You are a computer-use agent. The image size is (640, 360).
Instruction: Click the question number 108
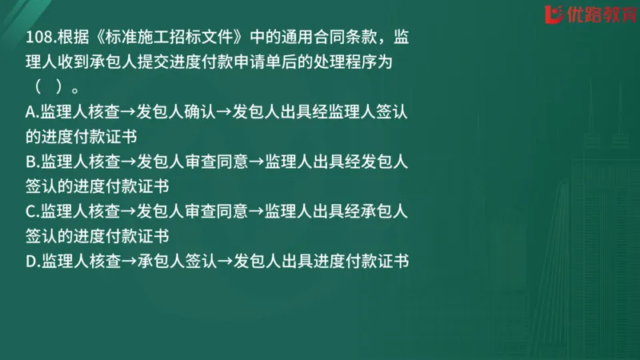[38, 38]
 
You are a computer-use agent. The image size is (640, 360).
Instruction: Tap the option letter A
[30, 114]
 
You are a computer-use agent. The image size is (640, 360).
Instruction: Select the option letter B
[30, 162]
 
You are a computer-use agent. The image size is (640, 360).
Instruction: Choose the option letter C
[30, 212]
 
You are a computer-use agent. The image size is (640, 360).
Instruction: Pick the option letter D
[30, 261]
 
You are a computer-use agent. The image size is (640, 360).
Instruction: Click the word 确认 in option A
[200, 114]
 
